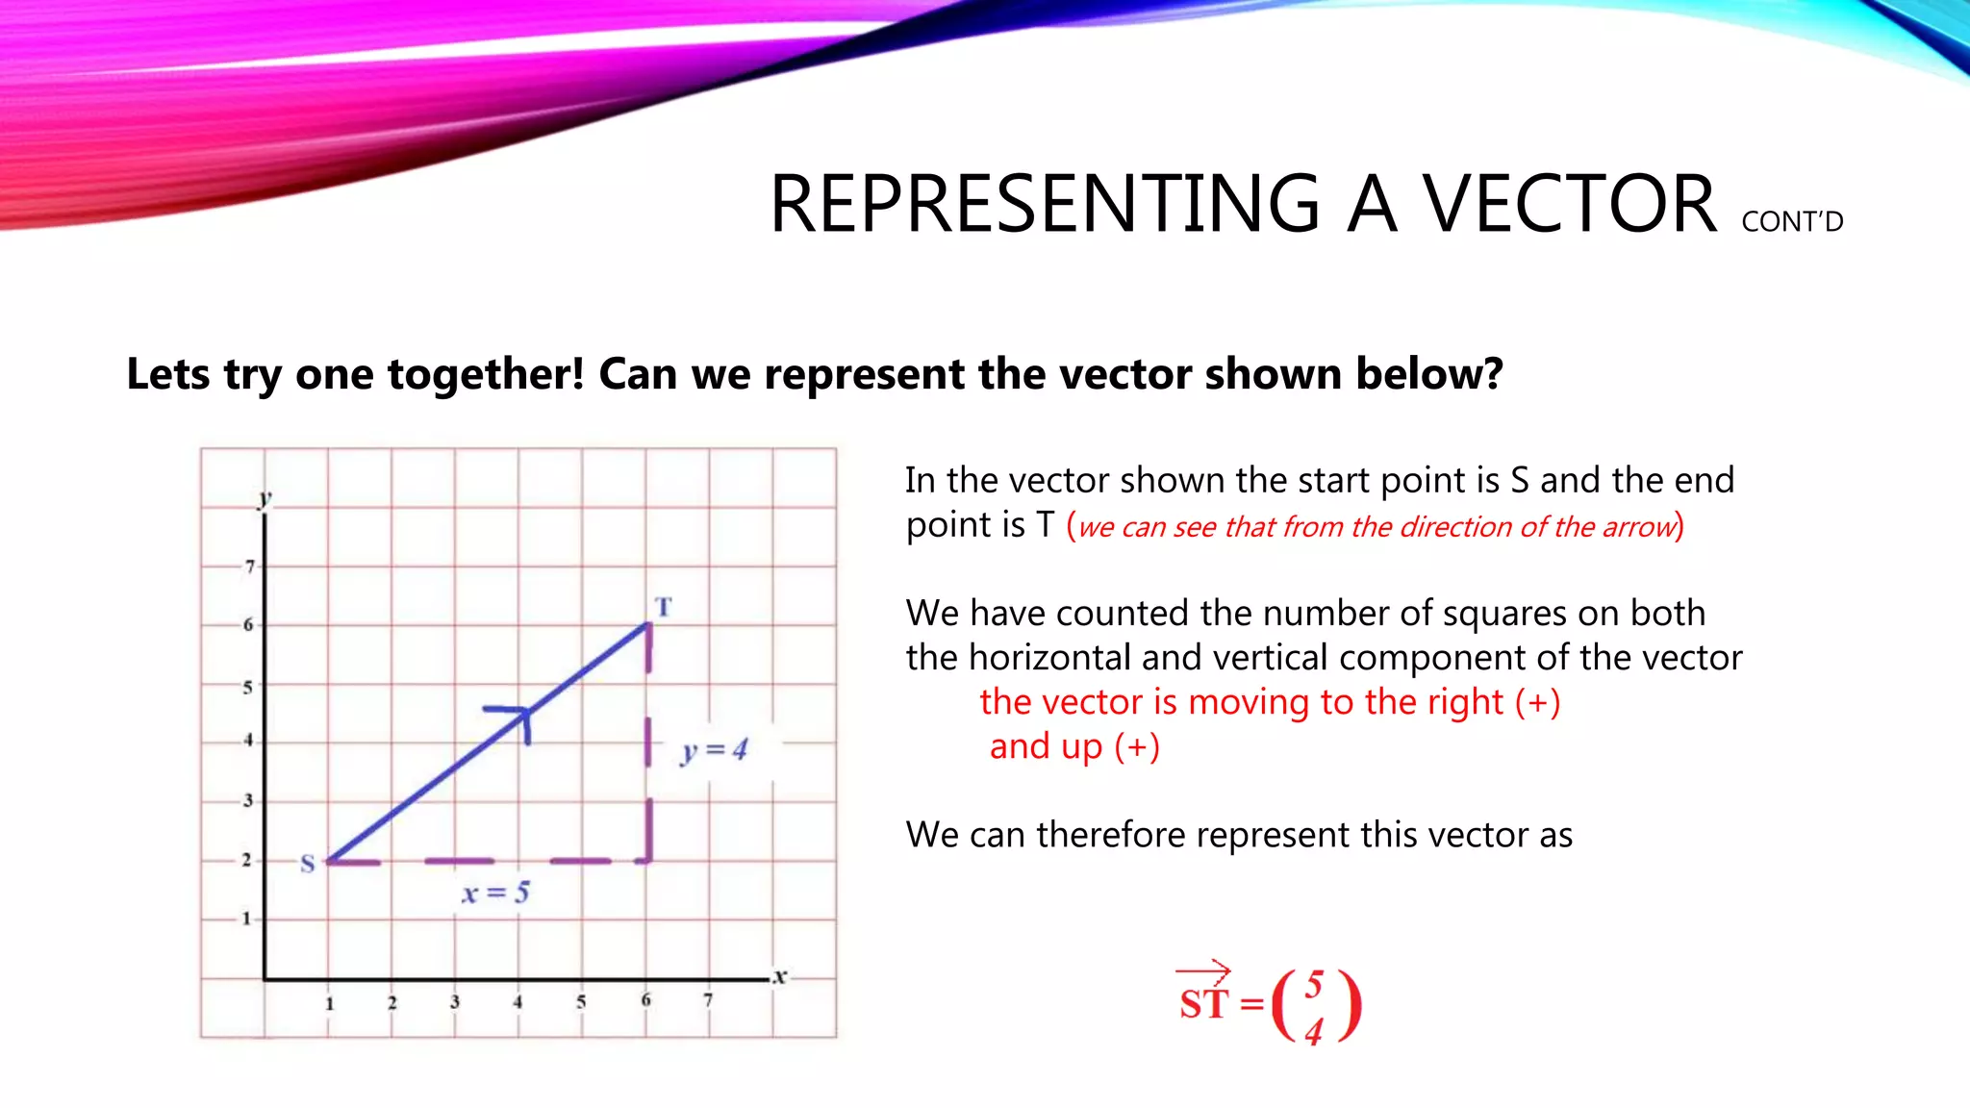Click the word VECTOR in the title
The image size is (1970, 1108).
[x=1570, y=204]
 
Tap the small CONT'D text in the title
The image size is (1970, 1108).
[x=1792, y=222]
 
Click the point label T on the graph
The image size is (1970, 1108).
[x=664, y=607]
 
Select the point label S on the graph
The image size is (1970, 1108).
[x=308, y=863]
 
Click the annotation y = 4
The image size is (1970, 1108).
[x=714, y=750]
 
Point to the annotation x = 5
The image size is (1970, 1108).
[x=495, y=893]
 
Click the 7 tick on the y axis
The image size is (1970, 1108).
[x=250, y=567]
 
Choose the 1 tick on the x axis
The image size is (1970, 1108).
[x=329, y=1003]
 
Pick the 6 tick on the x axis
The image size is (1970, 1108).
[x=645, y=1000]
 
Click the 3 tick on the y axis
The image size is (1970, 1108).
[x=248, y=800]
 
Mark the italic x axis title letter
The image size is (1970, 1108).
[x=780, y=976]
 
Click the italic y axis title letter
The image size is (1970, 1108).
[x=265, y=498]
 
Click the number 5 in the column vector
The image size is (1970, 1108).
[x=1315, y=983]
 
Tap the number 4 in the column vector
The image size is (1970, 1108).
[x=1314, y=1032]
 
